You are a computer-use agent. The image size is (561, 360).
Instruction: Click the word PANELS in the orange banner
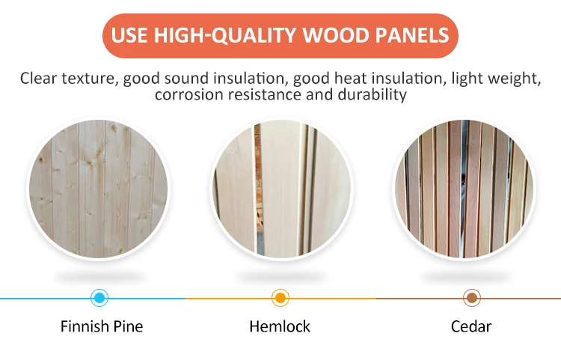click(x=412, y=35)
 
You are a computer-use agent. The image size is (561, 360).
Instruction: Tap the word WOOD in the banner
click(x=336, y=35)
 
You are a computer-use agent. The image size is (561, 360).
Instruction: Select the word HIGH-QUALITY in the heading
click(x=224, y=36)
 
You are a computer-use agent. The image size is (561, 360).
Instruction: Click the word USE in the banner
click(x=129, y=35)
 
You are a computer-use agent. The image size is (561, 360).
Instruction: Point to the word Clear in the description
click(x=39, y=78)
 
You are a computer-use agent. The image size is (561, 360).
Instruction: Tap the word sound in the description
click(x=186, y=78)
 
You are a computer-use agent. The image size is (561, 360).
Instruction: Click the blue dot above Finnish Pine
click(x=99, y=298)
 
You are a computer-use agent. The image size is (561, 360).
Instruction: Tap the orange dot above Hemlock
click(x=280, y=298)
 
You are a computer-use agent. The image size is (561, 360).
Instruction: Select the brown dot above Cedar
click(x=472, y=298)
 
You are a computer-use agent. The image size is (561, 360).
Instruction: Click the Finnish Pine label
click(x=102, y=326)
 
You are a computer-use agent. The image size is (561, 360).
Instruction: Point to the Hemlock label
click(x=280, y=326)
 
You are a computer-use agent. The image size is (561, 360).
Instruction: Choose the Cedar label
click(x=471, y=326)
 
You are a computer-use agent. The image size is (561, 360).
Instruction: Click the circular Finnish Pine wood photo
click(x=99, y=189)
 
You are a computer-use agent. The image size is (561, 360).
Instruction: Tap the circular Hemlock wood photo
click(x=281, y=189)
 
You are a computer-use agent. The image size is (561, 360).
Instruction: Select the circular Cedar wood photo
click(x=465, y=189)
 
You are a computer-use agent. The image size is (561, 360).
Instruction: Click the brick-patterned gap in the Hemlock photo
click(x=257, y=179)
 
